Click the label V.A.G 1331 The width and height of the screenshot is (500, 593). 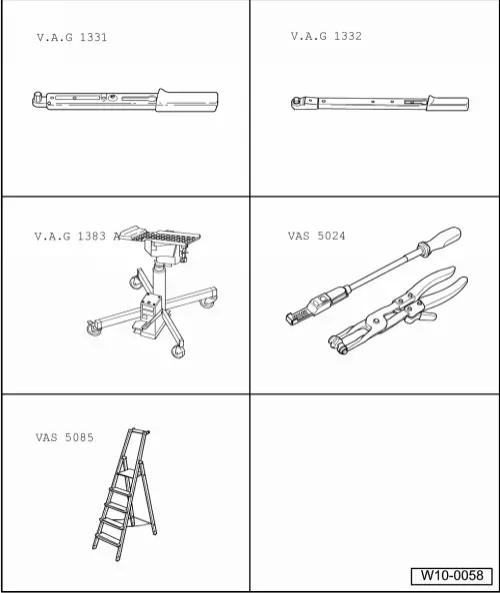[72, 38]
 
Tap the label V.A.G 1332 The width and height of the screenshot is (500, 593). [326, 36]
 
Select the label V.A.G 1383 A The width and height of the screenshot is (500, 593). [77, 237]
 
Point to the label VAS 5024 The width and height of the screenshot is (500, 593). [317, 236]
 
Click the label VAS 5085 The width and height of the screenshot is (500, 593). [64, 437]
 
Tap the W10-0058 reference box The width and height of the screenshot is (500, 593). [452, 576]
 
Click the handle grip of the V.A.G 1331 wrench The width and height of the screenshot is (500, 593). [187, 101]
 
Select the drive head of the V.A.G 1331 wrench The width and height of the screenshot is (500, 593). [38, 100]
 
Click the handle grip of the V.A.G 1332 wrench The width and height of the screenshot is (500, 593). [448, 103]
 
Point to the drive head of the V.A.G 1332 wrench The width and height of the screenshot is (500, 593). [296, 103]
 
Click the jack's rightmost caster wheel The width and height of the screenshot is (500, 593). [208, 301]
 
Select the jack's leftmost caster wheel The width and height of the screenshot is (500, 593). [94, 328]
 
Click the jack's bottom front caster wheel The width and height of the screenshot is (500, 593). [178, 351]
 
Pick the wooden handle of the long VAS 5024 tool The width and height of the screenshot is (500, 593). [441, 240]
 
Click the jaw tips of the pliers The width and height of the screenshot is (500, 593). [337, 344]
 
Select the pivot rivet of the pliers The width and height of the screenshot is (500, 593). [376, 321]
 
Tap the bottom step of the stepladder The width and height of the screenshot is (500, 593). [107, 539]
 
